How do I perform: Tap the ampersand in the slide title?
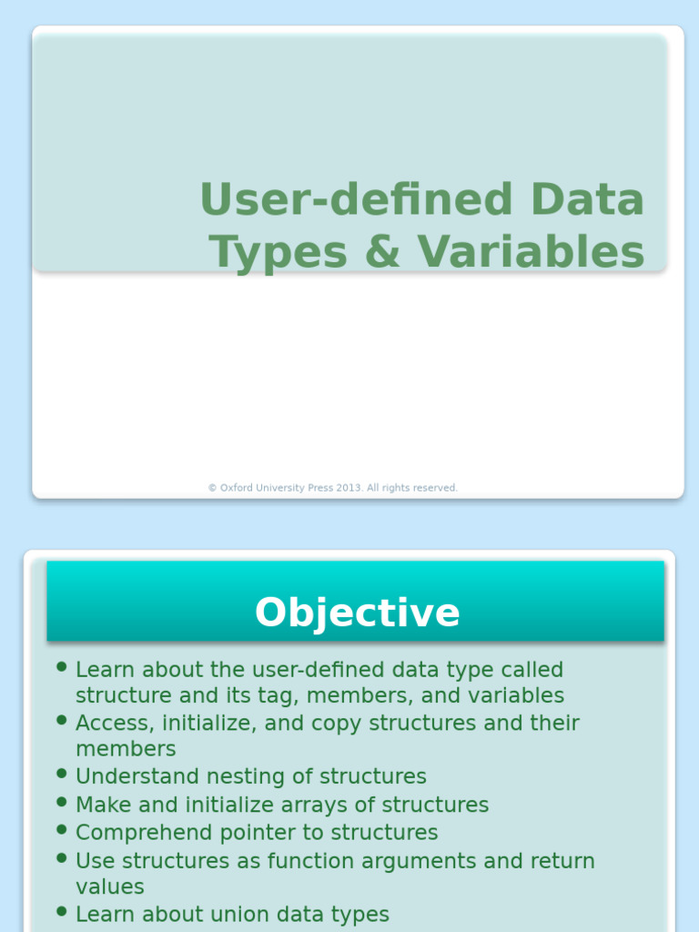point(381,252)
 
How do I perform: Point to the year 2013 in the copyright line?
point(349,489)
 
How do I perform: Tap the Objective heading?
point(357,613)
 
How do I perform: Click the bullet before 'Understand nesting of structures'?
point(61,774)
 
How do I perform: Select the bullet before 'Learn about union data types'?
point(61,911)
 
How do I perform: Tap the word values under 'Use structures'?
point(109,886)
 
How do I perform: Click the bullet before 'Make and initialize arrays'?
point(61,802)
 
